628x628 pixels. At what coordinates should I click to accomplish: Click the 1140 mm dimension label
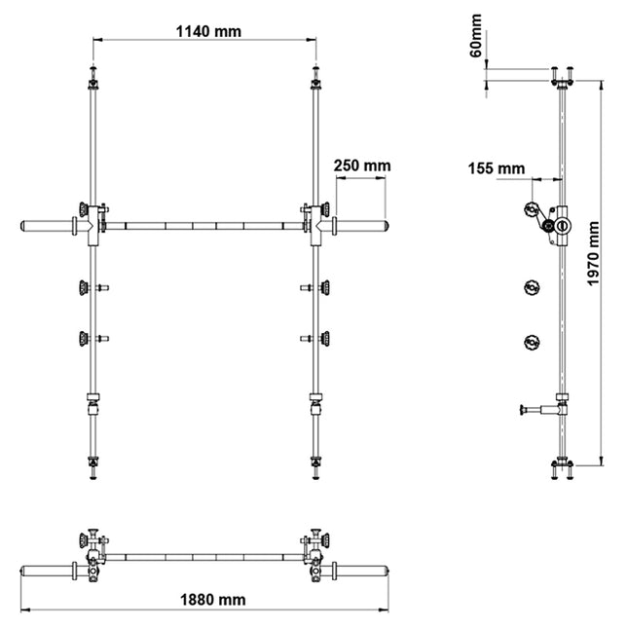pos(208,30)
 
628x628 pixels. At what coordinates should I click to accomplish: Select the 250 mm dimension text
pos(361,166)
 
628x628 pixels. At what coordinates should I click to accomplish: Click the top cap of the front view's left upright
pos(92,75)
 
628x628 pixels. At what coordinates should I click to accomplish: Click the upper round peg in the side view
pos(532,287)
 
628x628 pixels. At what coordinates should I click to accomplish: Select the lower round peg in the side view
pos(532,341)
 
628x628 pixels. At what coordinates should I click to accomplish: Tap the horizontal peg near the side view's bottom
pos(537,410)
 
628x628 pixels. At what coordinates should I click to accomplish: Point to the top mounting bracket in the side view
pos(562,74)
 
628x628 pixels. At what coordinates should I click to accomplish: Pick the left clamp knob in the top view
pos(93,540)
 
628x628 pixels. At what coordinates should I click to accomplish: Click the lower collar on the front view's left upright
pos(93,397)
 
